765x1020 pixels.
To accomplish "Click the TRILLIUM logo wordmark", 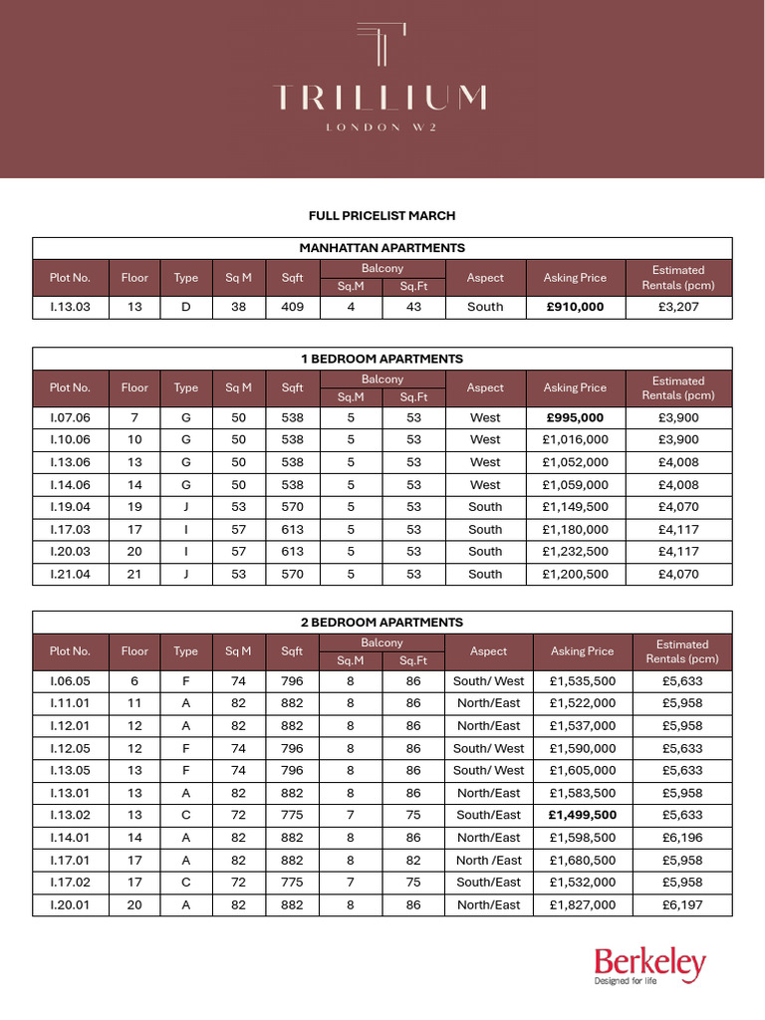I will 382,98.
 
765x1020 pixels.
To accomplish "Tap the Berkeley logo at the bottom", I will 649,965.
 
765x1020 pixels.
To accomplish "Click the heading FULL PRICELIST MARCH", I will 382,215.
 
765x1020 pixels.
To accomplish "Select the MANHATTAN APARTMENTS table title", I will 382,248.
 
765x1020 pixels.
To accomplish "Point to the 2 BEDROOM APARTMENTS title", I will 382,623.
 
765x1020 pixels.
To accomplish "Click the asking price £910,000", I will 576,307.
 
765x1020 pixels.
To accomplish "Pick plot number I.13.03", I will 70,307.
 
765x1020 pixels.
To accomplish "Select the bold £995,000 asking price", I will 576,417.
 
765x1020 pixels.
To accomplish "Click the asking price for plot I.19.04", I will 576,507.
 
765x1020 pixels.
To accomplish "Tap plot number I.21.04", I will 70,574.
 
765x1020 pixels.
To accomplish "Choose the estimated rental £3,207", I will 678,307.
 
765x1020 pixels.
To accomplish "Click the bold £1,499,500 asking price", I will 583,815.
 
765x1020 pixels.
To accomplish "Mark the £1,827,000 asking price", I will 583,904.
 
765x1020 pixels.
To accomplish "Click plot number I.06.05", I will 70,681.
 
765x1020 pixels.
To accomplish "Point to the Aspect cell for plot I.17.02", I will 488,883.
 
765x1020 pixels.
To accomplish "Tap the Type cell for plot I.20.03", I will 186,552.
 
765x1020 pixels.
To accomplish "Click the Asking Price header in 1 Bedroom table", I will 576,387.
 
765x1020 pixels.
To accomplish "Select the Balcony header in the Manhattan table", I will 382,269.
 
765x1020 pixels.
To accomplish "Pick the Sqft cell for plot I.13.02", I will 292,815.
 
